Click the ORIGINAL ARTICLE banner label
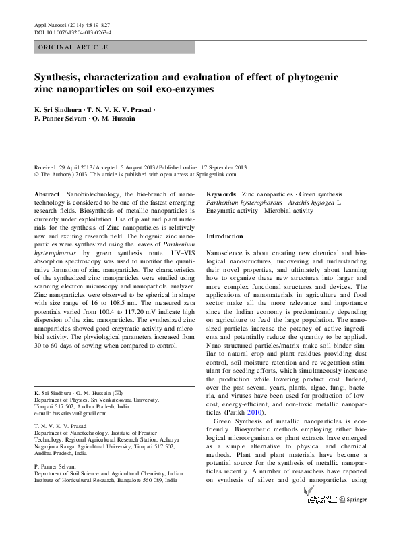tap(73, 47)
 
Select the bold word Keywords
tap(221, 194)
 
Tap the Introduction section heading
tap(224, 236)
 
